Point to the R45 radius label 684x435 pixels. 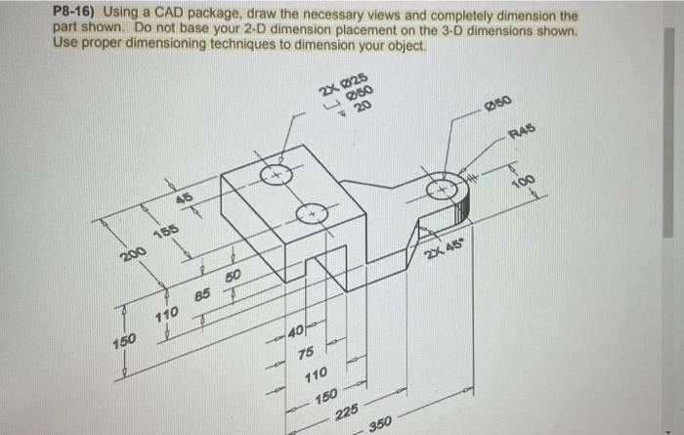click(x=526, y=129)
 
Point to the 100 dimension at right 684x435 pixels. click(x=524, y=183)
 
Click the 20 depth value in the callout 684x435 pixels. click(x=362, y=107)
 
